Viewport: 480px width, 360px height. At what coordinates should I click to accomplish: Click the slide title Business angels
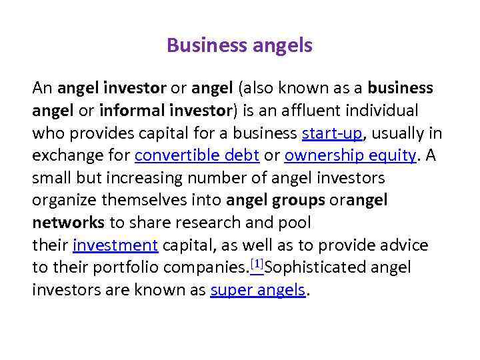point(239,45)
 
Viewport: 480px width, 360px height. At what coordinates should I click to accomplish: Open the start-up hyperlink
point(332,133)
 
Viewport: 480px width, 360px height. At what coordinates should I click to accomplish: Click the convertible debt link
point(197,155)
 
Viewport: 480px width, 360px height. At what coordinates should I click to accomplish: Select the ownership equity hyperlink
point(350,155)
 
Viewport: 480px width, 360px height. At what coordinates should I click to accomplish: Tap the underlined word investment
point(115,245)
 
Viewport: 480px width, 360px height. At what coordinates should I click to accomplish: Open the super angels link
point(258,290)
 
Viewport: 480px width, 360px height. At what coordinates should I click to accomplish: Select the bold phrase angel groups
point(276,200)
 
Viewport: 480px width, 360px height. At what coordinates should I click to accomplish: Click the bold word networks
point(68,222)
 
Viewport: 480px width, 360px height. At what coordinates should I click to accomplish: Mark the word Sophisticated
point(315,267)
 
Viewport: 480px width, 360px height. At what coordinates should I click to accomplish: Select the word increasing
point(143,178)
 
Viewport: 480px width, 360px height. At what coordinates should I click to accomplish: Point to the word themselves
point(147,200)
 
